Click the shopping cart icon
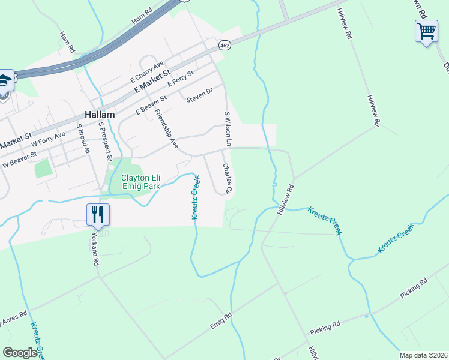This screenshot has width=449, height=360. [426, 30]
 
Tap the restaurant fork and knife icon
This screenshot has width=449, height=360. [97, 214]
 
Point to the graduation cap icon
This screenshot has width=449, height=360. [4, 80]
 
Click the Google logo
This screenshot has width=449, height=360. [20, 353]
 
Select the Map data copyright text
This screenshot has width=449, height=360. [423, 355]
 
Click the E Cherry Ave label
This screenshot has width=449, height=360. [147, 72]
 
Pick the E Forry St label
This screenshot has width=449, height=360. [181, 78]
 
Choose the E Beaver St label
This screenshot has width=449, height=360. [151, 103]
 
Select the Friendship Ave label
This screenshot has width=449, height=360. [166, 128]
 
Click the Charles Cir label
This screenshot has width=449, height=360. [227, 178]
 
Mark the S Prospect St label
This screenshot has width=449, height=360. [105, 141]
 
